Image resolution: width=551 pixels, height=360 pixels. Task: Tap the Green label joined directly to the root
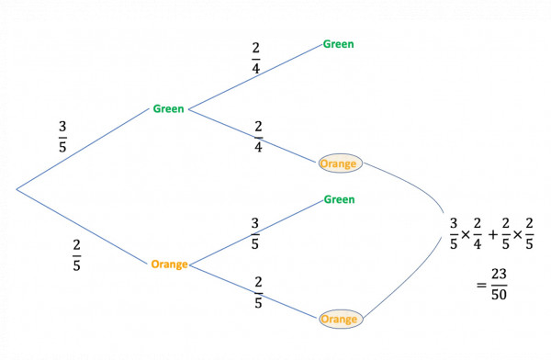click(x=168, y=109)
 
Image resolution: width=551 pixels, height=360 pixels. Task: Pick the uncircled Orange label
click(x=168, y=264)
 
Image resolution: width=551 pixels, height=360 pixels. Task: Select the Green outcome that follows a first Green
click(x=338, y=43)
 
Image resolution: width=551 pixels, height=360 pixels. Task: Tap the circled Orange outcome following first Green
click(x=339, y=163)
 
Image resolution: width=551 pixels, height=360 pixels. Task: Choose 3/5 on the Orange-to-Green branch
click(x=254, y=233)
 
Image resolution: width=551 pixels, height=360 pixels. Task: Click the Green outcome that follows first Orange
click(x=338, y=199)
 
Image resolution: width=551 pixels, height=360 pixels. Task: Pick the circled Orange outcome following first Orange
click(x=339, y=320)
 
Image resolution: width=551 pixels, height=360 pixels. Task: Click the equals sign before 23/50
click(x=479, y=284)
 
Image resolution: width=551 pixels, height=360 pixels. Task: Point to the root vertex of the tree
click(x=17, y=190)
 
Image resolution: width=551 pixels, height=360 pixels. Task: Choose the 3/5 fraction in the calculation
click(x=452, y=233)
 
